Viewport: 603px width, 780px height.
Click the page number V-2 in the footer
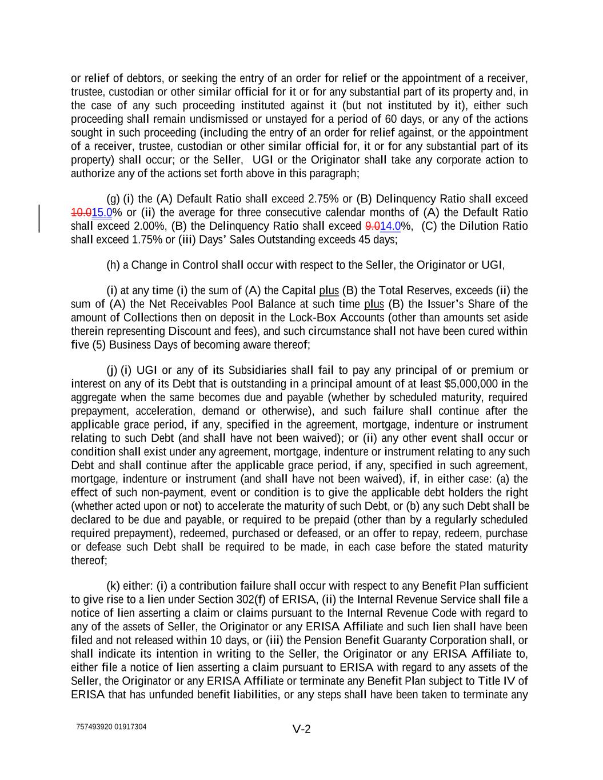pyautogui.click(x=301, y=729)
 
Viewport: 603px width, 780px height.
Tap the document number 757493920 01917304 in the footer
pyautogui.click(x=111, y=727)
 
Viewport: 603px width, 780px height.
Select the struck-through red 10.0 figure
pyautogui.click(x=81, y=213)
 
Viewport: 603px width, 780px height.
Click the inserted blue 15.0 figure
pyautogui.click(x=102, y=213)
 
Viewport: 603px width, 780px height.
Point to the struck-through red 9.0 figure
pyautogui.click(x=372, y=226)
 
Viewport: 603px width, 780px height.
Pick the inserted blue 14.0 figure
pyautogui.click(x=390, y=226)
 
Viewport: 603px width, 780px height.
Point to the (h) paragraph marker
pyautogui.click(x=113, y=265)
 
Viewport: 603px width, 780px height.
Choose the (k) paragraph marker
pyautogui.click(x=113, y=586)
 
